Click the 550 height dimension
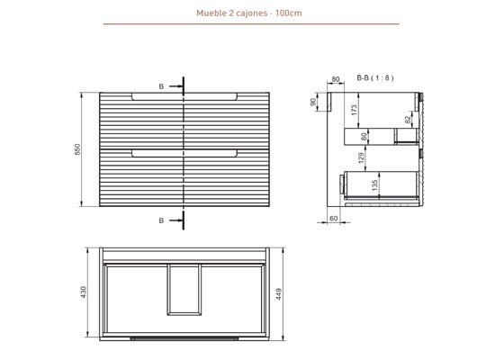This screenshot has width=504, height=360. (78, 149)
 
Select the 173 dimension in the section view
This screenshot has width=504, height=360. (355, 109)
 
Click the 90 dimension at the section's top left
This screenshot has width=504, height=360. (314, 103)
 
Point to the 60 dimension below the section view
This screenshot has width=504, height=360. (333, 219)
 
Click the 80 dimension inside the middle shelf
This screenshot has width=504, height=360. (364, 136)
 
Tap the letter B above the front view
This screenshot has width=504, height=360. (161, 86)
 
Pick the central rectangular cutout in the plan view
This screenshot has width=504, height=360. (186, 291)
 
